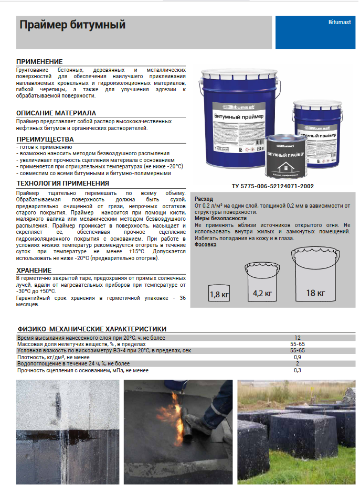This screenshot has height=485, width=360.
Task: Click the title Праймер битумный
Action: click(x=72, y=25)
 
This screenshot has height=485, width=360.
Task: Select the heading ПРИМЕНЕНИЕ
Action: click(x=39, y=62)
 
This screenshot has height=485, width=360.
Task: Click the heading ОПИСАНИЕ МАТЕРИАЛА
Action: click(x=56, y=113)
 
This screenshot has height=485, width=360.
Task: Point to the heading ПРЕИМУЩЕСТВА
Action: click(x=45, y=139)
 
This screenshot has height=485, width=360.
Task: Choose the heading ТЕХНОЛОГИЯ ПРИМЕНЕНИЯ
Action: click(x=63, y=184)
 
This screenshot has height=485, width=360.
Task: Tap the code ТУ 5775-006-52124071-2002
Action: click(x=273, y=186)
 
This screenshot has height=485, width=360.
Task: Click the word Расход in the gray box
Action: click(x=204, y=199)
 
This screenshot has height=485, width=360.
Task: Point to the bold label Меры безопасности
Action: click(x=220, y=218)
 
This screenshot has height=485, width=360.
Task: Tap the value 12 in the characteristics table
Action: click(x=298, y=338)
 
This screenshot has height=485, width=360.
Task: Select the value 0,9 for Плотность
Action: click(x=298, y=357)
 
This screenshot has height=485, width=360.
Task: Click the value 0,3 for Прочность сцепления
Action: click(x=298, y=370)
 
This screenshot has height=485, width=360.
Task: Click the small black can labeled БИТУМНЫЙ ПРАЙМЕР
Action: click(x=287, y=156)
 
